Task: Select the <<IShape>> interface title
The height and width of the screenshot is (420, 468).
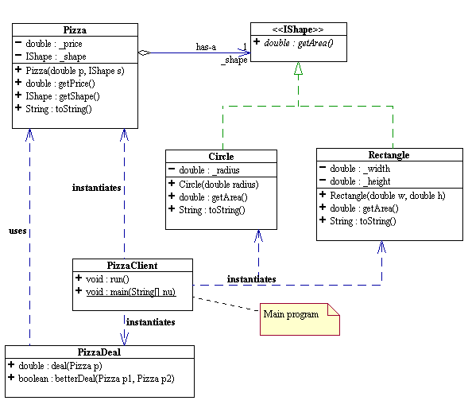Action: tap(299, 29)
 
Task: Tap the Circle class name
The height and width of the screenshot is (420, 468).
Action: tap(221, 156)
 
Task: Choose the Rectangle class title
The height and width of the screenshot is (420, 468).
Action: tap(389, 154)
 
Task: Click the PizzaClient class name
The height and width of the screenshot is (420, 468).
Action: tap(132, 265)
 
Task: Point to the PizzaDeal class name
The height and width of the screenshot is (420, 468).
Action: tap(99, 351)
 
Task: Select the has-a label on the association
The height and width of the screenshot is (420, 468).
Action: tap(206, 47)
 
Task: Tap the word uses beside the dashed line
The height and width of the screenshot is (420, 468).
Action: tap(17, 231)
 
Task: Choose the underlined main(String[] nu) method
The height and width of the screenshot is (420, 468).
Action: tap(135, 292)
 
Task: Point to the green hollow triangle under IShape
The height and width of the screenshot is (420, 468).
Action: tap(298, 69)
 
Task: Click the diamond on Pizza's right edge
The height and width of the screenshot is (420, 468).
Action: tap(143, 53)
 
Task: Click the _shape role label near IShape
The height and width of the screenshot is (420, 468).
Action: tap(234, 61)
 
